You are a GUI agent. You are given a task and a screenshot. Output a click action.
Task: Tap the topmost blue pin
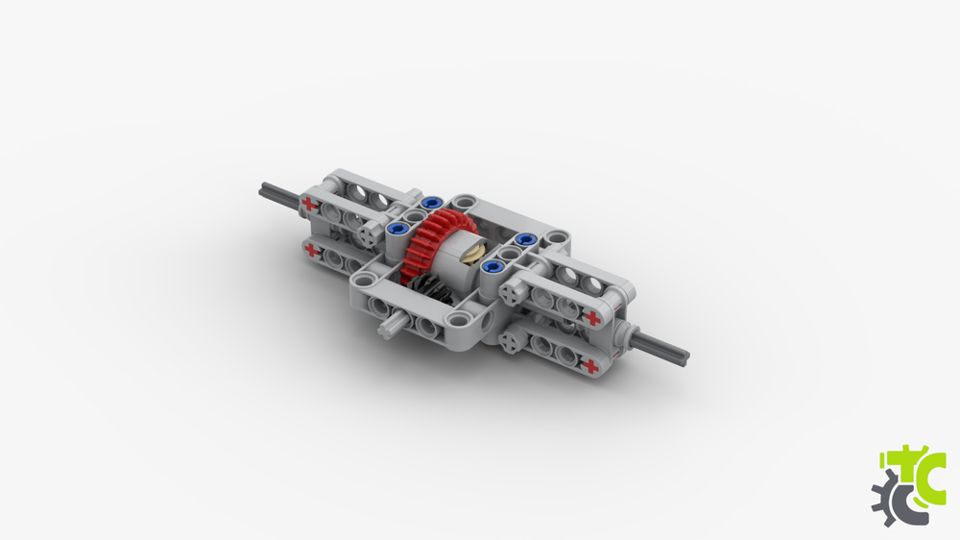[x=430, y=203]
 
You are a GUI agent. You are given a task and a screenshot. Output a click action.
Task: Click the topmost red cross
[x=308, y=204]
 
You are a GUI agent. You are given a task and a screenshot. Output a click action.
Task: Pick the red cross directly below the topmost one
[x=310, y=249]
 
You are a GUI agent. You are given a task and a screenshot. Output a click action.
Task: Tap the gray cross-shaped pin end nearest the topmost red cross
[x=371, y=233]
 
